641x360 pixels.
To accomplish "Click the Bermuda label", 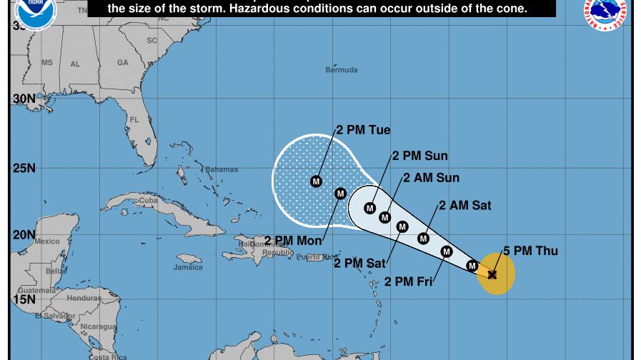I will [342, 70].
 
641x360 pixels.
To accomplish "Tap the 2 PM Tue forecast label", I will [363, 130].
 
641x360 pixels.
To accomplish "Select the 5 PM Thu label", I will [530, 251].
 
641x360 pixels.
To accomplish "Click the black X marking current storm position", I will [492, 275].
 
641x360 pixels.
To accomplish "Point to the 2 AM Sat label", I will [465, 206].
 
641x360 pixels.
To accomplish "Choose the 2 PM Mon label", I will [293, 241].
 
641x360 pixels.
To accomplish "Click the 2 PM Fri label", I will [409, 282].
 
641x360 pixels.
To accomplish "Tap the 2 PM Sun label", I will [420, 156].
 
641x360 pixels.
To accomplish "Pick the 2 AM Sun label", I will [431, 178].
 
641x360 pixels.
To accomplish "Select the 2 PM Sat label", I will [359, 264].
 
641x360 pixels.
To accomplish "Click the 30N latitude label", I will [24, 99].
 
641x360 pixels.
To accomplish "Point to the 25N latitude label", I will [24, 169].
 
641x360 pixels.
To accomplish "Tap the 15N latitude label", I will [24, 299].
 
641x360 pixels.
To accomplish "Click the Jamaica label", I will [188, 268].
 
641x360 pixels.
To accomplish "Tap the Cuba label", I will [149, 201].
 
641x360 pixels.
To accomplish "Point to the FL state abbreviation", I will [134, 120].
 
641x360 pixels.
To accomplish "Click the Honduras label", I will [84, 298].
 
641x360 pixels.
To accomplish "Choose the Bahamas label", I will [222, 170].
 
